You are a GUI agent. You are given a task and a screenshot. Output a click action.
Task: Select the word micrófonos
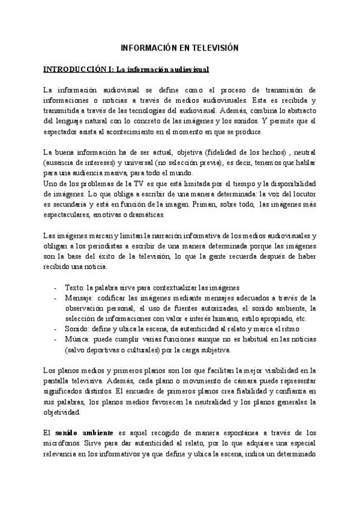click(x=63, y=442)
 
